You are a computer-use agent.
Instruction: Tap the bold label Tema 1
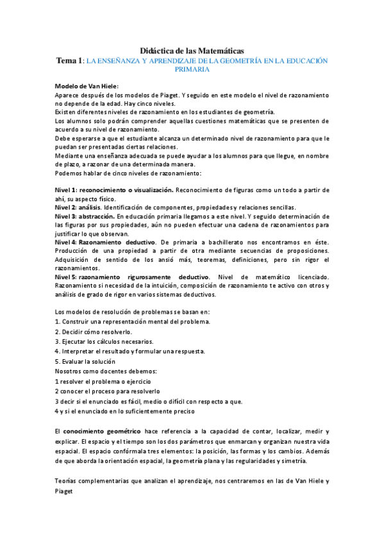(69, 60)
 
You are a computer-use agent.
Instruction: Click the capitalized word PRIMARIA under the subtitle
(192, 69)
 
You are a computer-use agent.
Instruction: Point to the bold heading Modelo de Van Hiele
(87, 86)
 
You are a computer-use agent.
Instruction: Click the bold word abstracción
(97, 216)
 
